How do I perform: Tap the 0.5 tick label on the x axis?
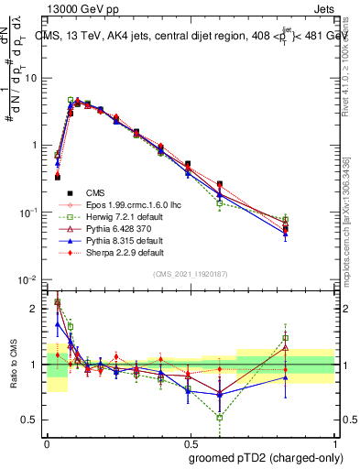(190, 442)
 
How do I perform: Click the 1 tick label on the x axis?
(334, 442)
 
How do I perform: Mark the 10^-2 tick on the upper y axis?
(29, 279)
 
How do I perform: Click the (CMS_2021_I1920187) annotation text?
(191, 273)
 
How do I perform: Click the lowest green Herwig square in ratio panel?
(220, 418)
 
